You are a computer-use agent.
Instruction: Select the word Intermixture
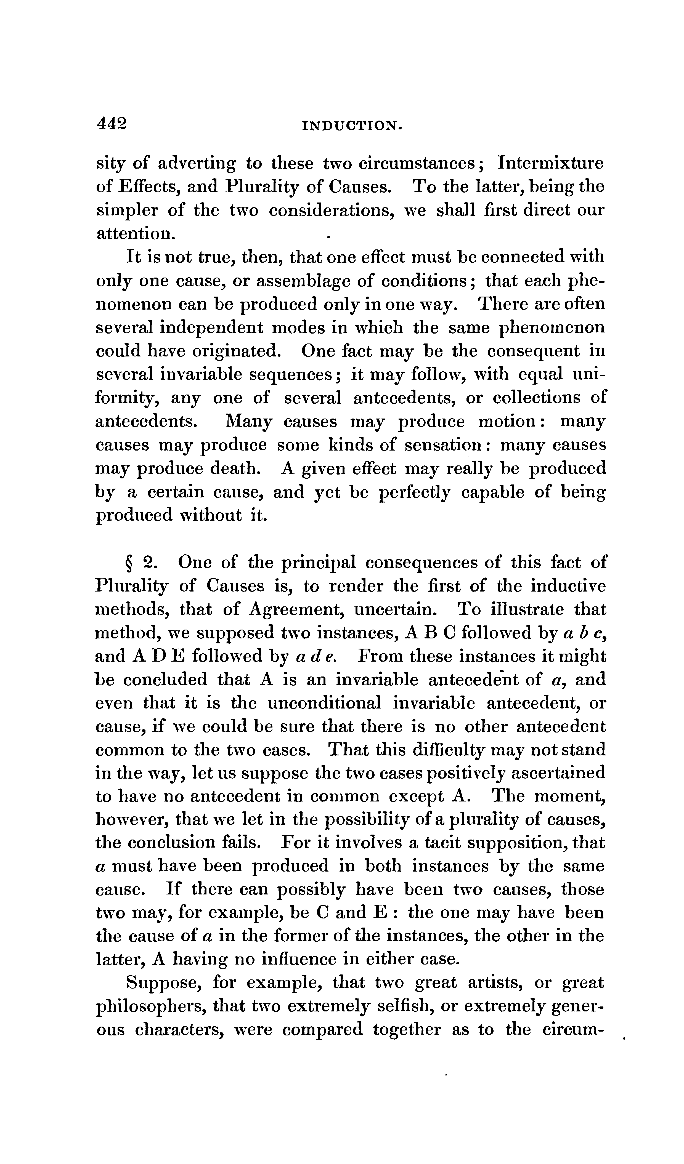(550, 164)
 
